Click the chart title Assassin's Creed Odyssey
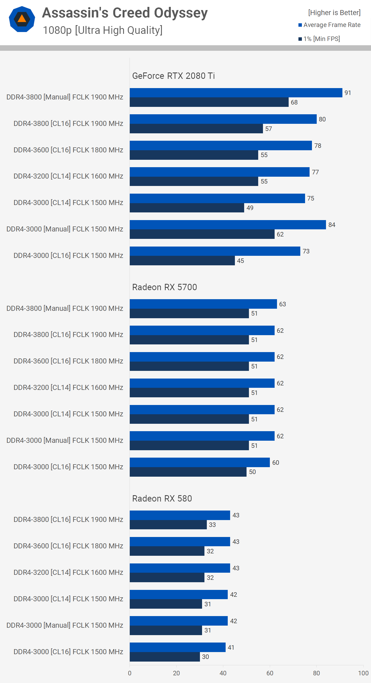point(125,13)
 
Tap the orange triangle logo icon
point(22,19)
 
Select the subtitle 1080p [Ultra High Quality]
point(102,30)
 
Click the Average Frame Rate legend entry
point(332,25)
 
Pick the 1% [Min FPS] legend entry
point(321,39)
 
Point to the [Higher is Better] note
point(334,12)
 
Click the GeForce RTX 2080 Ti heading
point(173,76)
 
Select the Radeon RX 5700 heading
point(164,287)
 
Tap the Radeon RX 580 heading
point(162,498)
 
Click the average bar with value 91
point(236,93)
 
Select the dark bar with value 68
point(209,102)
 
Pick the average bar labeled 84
point(227,225)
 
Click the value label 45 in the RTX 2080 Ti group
point(240,261)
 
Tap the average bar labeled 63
point(203,304)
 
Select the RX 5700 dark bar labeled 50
point(188,472)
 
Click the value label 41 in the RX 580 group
point(231,648)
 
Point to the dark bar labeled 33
point(168,525)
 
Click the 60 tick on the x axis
point(270,673)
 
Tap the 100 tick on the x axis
point(363,673)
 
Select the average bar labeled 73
point(215,251)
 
